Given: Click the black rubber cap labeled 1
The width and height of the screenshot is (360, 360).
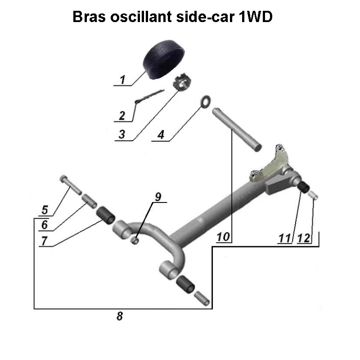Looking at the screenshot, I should [165, 59].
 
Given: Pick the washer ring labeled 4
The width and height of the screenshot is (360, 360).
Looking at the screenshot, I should [205, 101].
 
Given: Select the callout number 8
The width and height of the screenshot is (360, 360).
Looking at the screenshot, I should [120, 316].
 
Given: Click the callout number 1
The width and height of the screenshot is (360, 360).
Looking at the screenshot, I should [121, 80].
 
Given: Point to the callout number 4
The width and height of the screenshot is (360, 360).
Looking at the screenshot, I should [160, 135].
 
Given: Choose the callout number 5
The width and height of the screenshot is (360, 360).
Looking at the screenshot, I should [45, 210].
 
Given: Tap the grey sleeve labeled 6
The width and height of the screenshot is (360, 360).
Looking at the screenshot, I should [89, 200].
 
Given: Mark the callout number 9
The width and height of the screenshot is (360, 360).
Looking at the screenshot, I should [158, 197].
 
